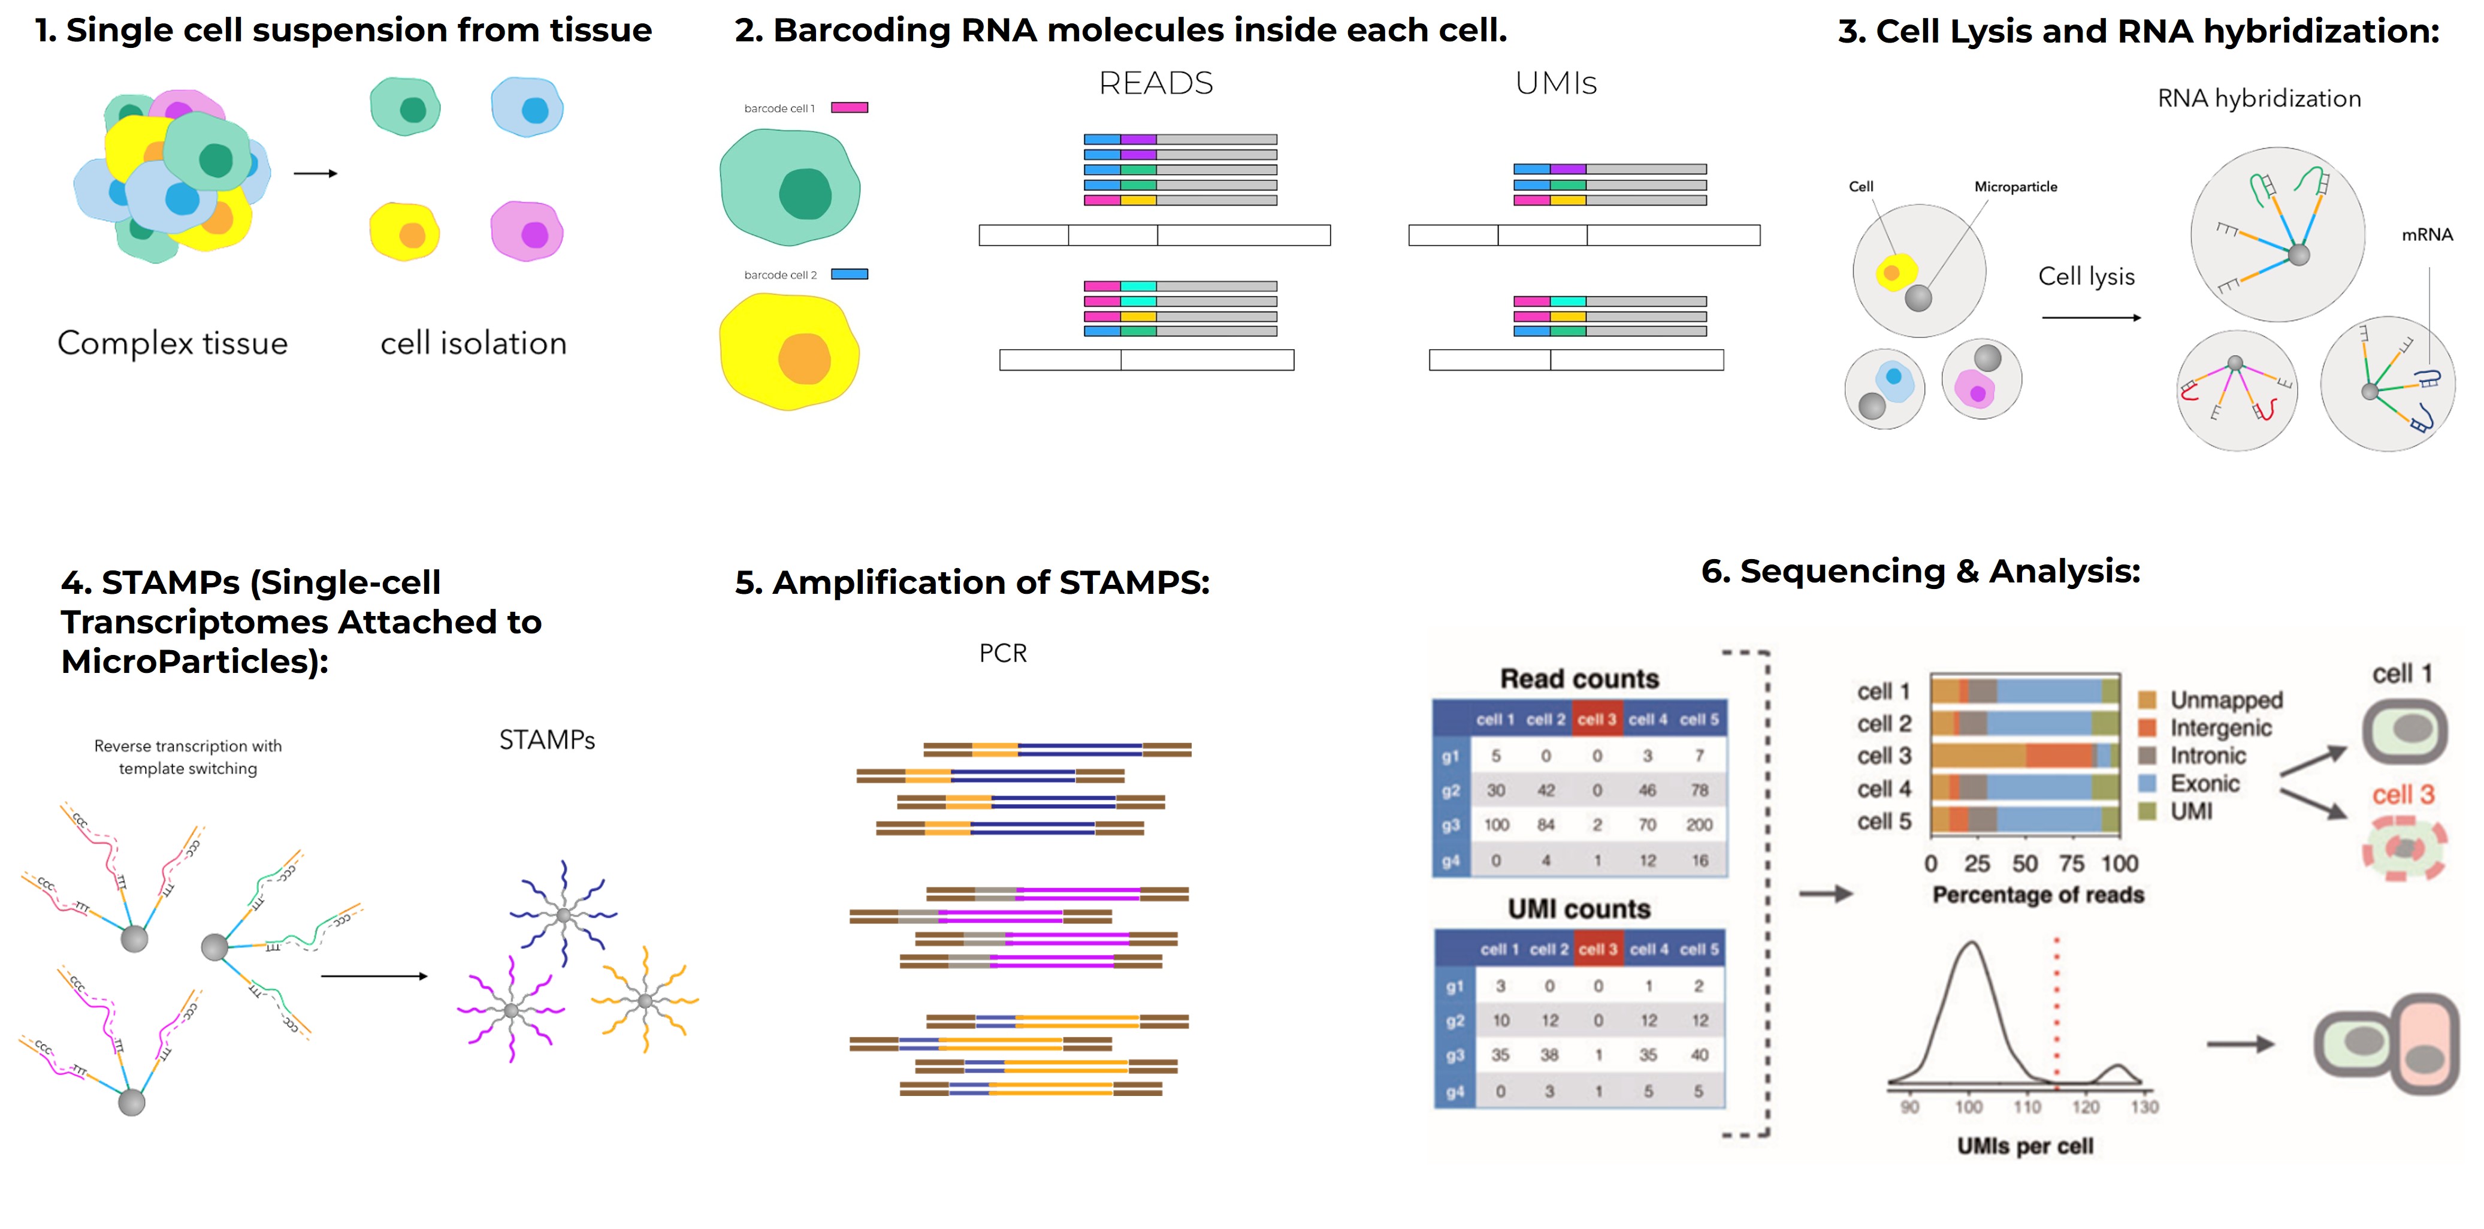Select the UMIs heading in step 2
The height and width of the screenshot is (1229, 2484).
1555,84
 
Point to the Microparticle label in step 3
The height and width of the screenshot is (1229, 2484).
2015,186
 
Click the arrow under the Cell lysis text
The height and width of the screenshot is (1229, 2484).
2090,318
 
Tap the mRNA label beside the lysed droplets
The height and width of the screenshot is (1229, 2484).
2426,234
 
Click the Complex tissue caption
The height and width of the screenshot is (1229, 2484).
173,343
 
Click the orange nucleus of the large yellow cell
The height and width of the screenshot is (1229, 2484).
804,359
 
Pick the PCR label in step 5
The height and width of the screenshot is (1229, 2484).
1003,653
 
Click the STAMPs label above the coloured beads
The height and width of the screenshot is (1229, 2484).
547,740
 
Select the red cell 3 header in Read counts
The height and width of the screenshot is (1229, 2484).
1597,720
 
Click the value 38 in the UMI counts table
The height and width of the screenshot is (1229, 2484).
1549,1055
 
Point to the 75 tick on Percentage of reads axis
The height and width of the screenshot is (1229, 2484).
2071,863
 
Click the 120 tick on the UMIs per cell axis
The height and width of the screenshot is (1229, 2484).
2086,1107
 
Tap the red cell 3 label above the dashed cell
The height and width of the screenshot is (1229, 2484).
2403,795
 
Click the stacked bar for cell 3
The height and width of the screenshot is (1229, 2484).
2025,756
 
